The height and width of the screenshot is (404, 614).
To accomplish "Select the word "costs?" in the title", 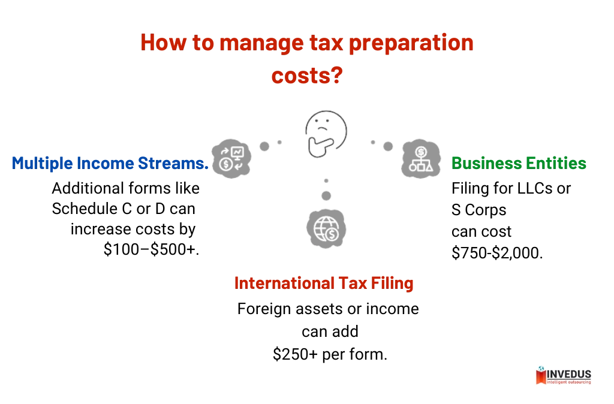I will tap(308, 76).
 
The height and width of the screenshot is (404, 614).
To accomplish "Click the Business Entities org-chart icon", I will tap(420, 159).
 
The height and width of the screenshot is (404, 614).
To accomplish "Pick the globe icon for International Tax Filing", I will tap(327, 228).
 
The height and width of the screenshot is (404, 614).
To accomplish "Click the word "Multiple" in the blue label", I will tap(41, 164).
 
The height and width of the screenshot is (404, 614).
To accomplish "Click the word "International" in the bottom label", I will tap(284, 283).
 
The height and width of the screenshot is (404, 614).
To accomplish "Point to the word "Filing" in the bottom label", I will tap(393, 283).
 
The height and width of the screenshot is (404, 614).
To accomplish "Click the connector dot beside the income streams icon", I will tap(264, 146).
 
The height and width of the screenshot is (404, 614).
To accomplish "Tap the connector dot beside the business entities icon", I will tap(388, 146).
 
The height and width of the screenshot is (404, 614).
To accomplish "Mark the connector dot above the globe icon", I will tap(326, 195).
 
